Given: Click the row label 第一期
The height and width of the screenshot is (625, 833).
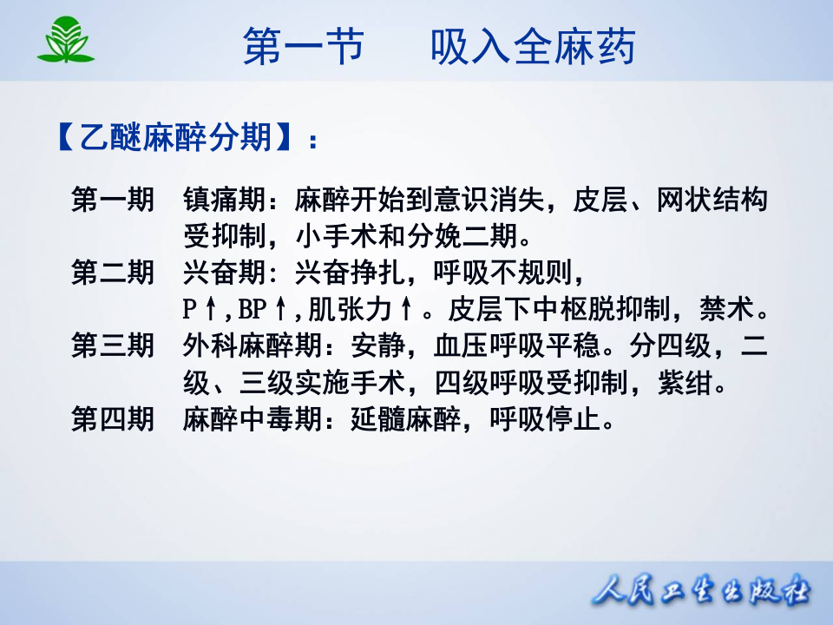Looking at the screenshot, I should (113, 201).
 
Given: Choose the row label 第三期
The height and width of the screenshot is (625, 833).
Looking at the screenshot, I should (113, 346).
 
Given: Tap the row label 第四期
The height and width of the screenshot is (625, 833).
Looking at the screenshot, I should (113, 419).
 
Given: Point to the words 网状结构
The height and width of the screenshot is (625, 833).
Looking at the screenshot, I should (712, 201).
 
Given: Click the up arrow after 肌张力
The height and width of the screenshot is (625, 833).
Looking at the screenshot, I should (406, 310).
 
